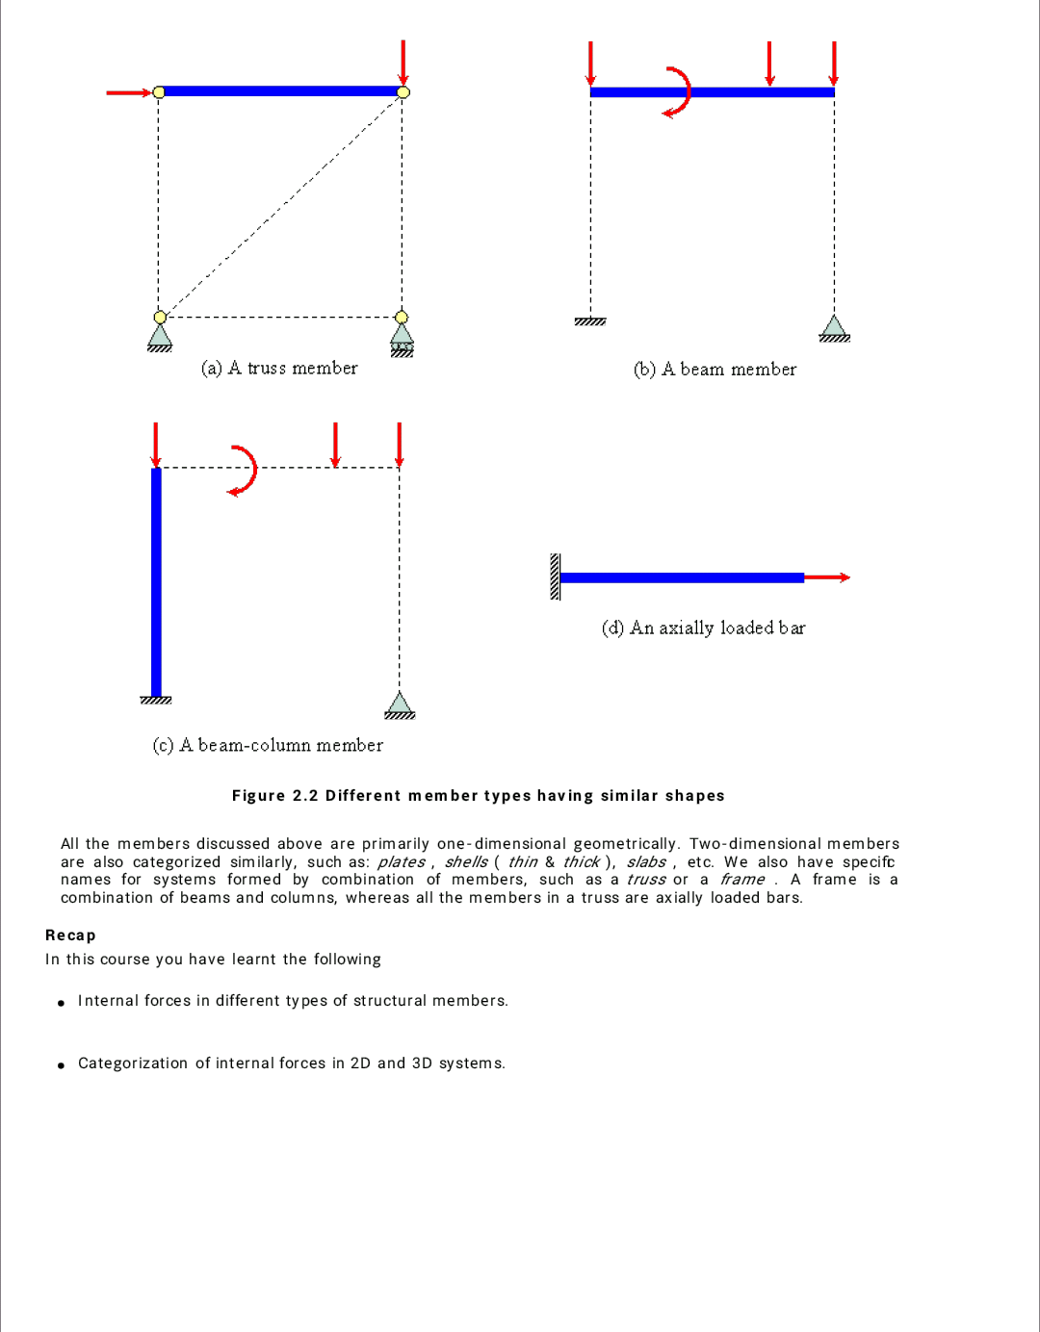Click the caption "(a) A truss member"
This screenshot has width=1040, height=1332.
[279, 369]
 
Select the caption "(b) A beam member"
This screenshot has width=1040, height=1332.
[715, 370]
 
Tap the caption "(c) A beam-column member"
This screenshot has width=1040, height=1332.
[268, 746]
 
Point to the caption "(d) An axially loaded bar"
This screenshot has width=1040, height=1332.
[703, 628]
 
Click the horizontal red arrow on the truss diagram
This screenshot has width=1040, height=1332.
[128, 92]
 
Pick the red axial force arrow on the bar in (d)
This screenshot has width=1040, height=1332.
[826, 577]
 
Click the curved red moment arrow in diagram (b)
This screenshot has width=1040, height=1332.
[680, 92]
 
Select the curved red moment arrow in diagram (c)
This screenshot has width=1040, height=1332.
[246, 470]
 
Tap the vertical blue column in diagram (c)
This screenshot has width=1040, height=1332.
[156, 581]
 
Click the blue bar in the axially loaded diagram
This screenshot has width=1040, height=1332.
[681, 577]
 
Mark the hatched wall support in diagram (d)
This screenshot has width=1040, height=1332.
[555, 576]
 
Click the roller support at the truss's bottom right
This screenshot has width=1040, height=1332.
[402, 339]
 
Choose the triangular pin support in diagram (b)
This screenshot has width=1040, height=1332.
[834, 328]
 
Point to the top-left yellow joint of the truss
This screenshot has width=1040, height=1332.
[159, 91]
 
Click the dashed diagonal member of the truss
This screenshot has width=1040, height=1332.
[281, 204]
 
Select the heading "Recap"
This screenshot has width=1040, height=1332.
[70, 935]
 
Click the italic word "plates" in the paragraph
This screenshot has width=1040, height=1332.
[401, 862]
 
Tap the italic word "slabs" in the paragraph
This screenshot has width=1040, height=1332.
[646, 862]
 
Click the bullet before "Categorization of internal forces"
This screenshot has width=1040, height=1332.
[62, 1065]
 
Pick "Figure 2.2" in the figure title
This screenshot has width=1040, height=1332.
[274, 796]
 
